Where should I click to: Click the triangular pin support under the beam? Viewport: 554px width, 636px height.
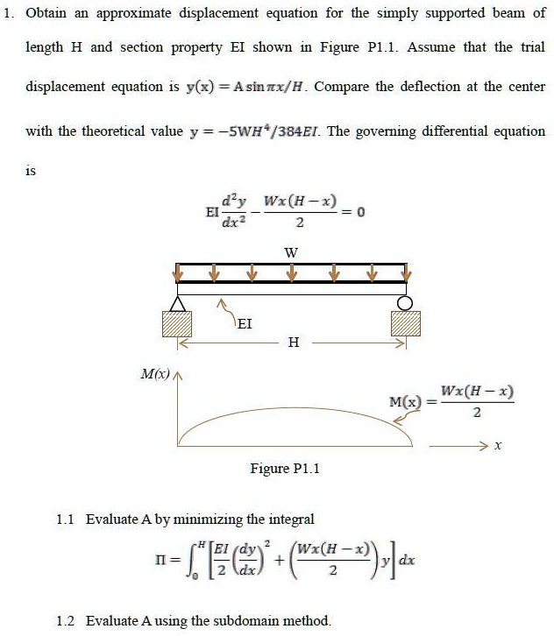click(x=178, y=303)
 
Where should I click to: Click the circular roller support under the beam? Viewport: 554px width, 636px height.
click(x=405, y=302)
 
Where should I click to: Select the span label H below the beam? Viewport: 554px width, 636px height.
click(x=292, y=343)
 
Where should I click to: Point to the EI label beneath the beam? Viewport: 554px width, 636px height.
click(x=245, y=323)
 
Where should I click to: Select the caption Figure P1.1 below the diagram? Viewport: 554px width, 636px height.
click(x=286, y=469)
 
